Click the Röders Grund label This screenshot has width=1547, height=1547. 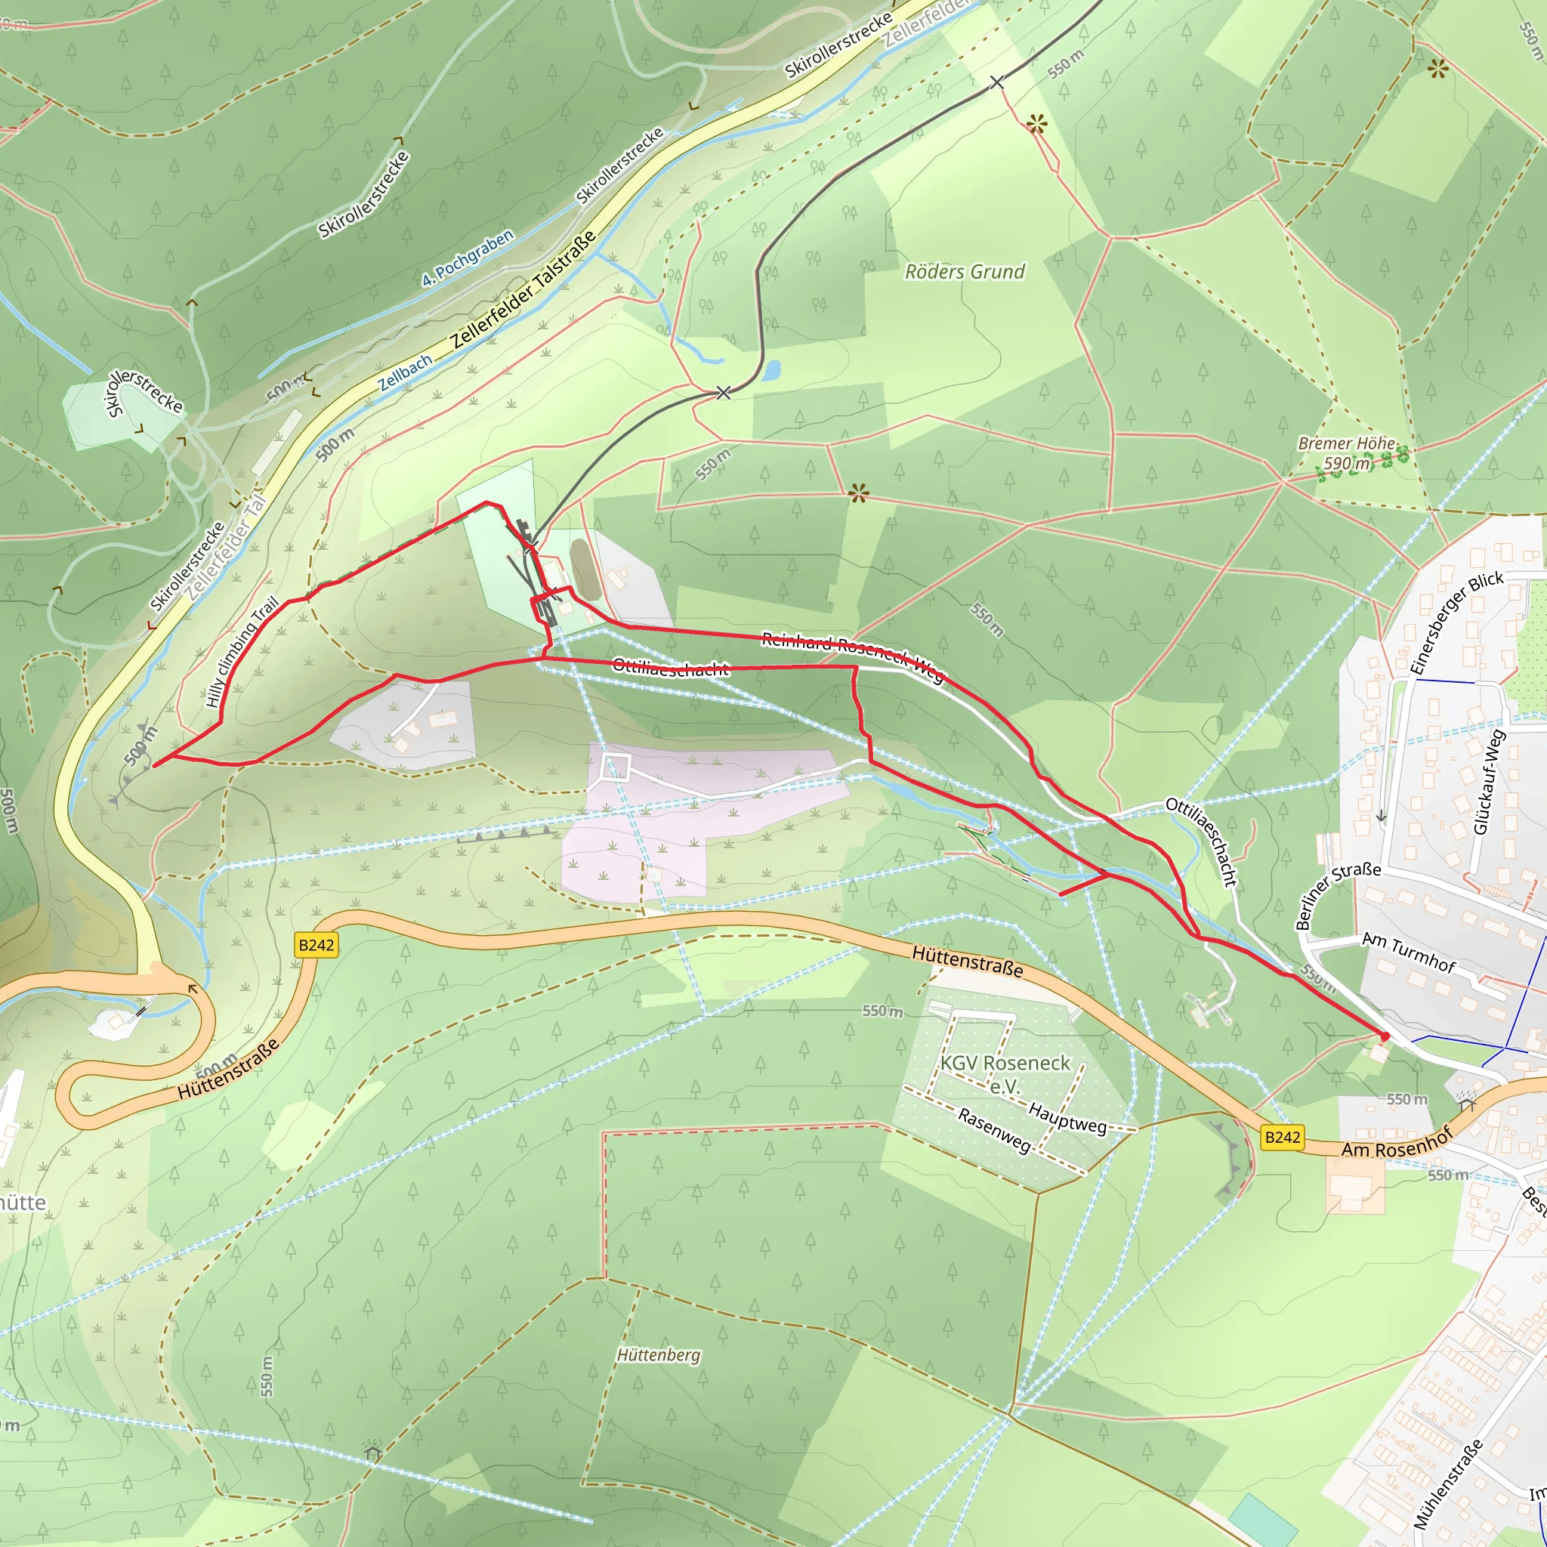964,272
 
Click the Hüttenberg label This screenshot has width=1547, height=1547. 658,1355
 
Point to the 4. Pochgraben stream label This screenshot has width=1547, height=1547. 468,258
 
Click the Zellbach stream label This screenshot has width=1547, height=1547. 405,372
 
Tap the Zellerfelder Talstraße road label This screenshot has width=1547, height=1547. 523,289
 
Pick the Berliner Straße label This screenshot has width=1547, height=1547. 1337,895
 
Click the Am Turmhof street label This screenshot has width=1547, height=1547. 1409,952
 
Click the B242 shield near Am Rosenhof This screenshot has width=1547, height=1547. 1282,1137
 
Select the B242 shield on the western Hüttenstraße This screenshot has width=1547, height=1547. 317,945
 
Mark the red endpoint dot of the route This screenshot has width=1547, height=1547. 1385,1036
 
